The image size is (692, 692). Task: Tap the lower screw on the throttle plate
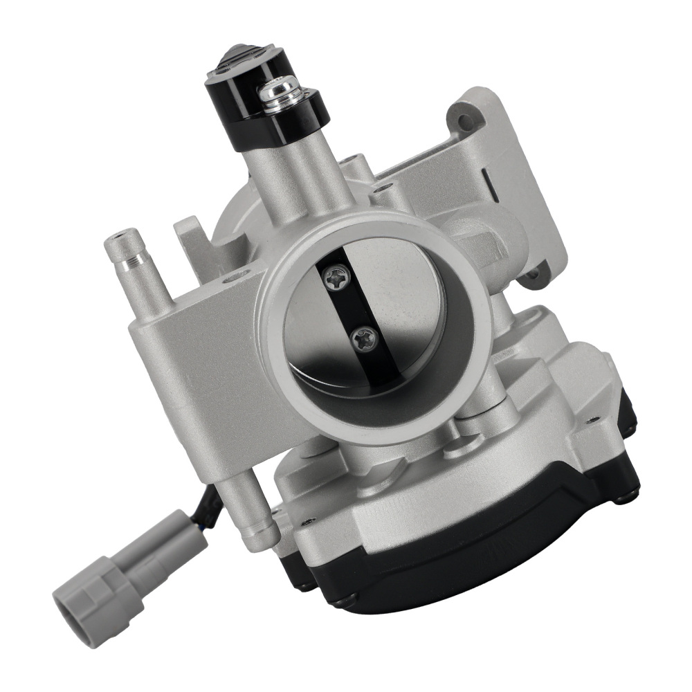pyautogui.click(x=362, y=338)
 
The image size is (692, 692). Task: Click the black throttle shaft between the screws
pyautogui.click(x=349, y=308)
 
